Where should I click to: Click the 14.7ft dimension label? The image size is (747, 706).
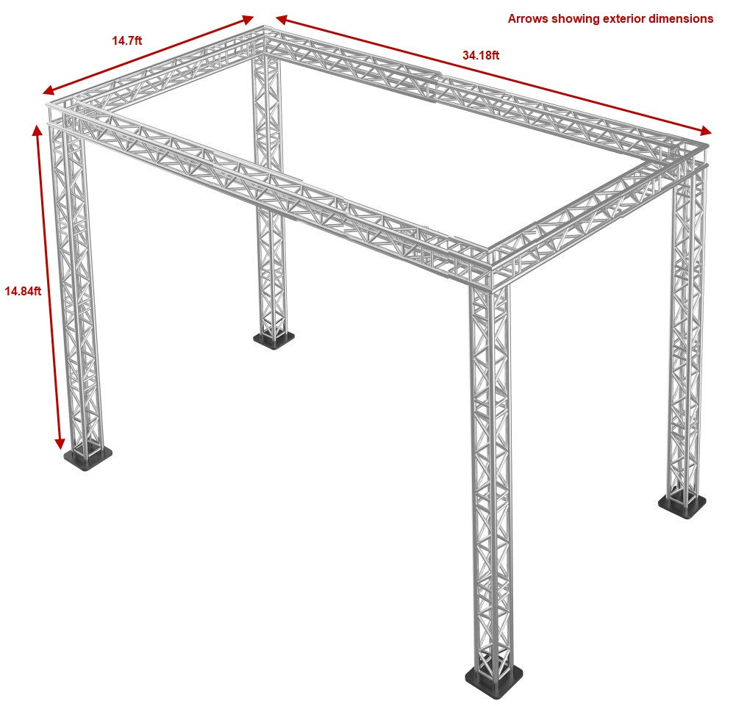[x=127, y=41]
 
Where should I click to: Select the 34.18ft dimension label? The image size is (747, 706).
[x=481, y=55]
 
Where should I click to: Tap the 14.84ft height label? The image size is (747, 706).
[x=23, y=291]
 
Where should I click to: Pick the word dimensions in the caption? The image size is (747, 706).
[x=683, y=19]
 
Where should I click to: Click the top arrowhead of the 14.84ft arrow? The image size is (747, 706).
[x=37, y=130]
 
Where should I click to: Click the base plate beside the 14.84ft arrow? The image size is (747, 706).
[x=88, y=458]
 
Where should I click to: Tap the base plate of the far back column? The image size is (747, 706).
[x=274, y=339]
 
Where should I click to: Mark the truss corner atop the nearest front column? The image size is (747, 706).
[x=490, y=268]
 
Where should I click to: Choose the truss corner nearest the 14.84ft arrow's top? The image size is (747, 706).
[x=62, y=115]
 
